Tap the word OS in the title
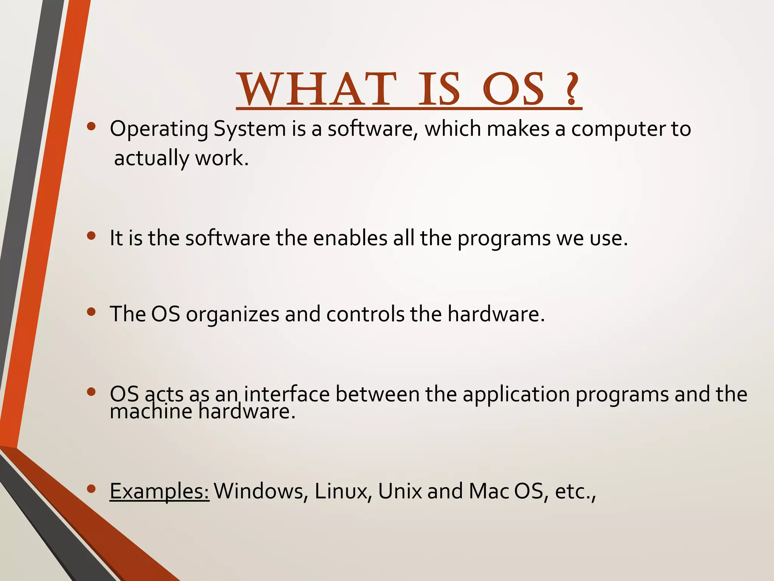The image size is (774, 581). click(x=514, y=89)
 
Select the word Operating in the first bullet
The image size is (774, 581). click(x=159, y=129)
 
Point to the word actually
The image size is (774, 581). click(x=152, y=158)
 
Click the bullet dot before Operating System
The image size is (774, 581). click(x=91, y=127)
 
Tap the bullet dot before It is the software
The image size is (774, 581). click(x=91, y=236)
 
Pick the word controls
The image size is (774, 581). click(x=365, y=314)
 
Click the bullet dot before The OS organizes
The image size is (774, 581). click(x=91, y=312)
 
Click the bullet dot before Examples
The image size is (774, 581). click(x=91, y=489)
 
